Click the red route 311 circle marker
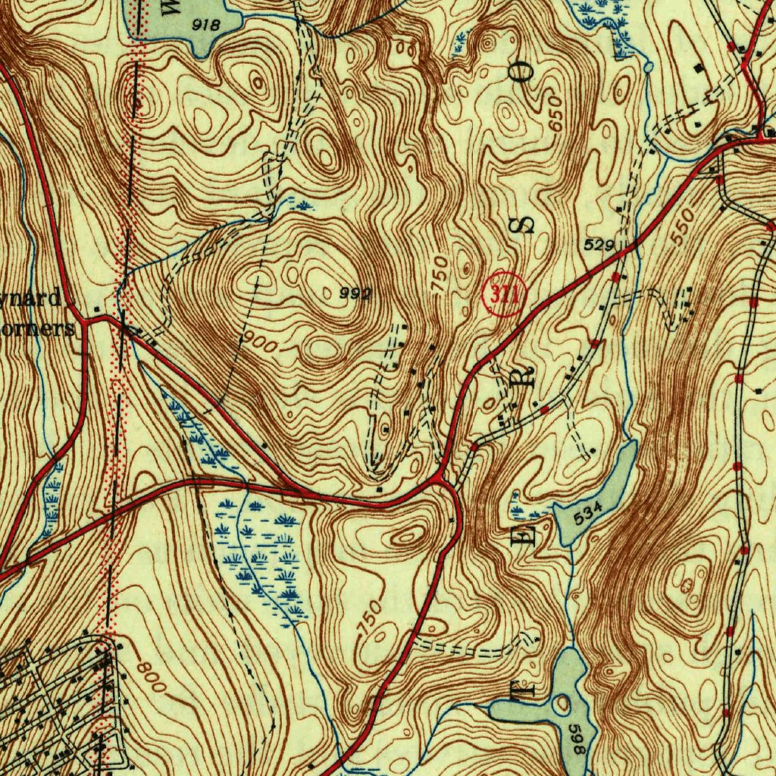[x=502, y=293]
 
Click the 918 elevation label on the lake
[x=206, y=25]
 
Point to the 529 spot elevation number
[x=599, y=245]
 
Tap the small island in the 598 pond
[x=562, y=705]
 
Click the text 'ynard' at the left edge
[x=34, y=298]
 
